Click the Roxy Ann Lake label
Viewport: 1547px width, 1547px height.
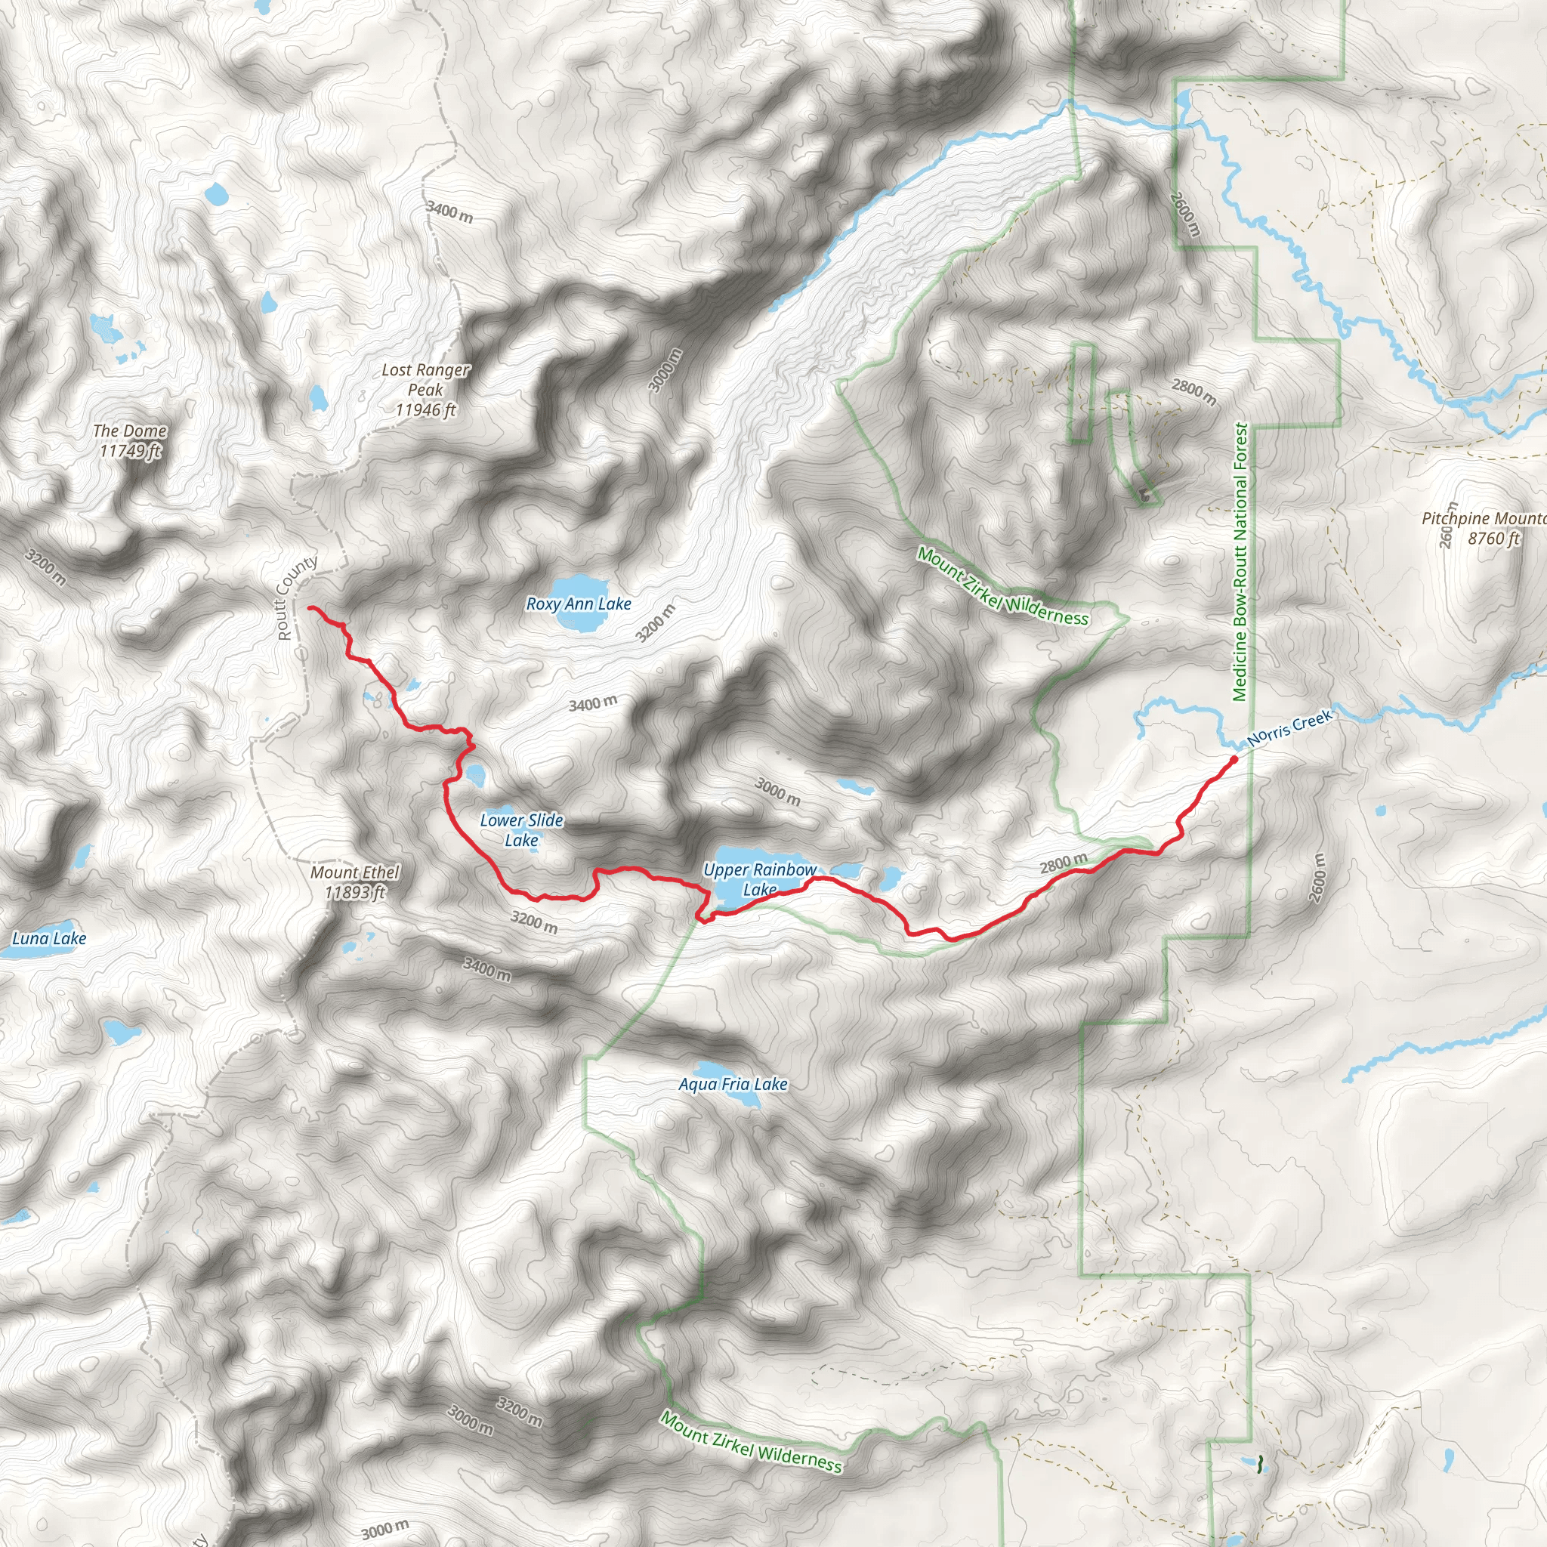click(x=578, y=604)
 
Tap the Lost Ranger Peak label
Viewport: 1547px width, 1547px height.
click(x=425, y=390)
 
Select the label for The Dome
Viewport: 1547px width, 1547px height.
click(x=130, y=440)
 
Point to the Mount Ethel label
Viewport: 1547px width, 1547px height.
click(x=355, y=882)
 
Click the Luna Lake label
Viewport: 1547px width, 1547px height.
click(x=49, y=937)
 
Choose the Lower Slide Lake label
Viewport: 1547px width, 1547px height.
click(x=521, y=829)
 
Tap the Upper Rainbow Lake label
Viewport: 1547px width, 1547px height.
click(x=759, y=879)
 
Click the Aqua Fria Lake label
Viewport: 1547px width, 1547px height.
click(x=733, y=1083)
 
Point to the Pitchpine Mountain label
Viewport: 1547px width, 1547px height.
click(x=1483, y=529)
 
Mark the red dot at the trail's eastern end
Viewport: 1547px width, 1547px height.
click(x=1234, y=759)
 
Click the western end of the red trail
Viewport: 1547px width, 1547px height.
click(x=310, y=609)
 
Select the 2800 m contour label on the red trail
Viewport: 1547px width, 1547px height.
click(x=1064, y=863)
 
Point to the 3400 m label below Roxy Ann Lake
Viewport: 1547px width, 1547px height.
click(x=592, y=704)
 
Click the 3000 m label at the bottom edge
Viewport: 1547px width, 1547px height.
click(x=384, y=1530)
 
